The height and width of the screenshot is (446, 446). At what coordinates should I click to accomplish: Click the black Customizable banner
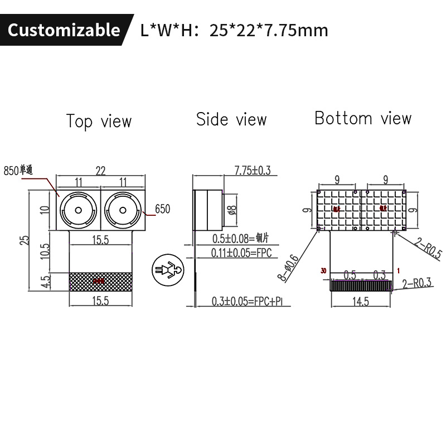pos(64,30)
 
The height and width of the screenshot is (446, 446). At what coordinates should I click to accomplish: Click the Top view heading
pos(99,121)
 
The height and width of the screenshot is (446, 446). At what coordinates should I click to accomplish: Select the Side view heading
pos(231,119)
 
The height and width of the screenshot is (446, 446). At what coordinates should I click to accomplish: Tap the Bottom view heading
pos(363,118)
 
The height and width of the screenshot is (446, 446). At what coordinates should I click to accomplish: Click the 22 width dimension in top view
pos(100,171)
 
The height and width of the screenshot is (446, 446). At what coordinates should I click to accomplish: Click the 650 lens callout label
pos(162,209)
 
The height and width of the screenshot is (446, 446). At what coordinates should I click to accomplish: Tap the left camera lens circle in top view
pos(78,210)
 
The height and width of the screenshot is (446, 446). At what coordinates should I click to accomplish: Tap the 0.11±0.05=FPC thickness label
pos(241,253)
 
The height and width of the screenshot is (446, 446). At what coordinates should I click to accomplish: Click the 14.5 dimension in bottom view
pos(360,302)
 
